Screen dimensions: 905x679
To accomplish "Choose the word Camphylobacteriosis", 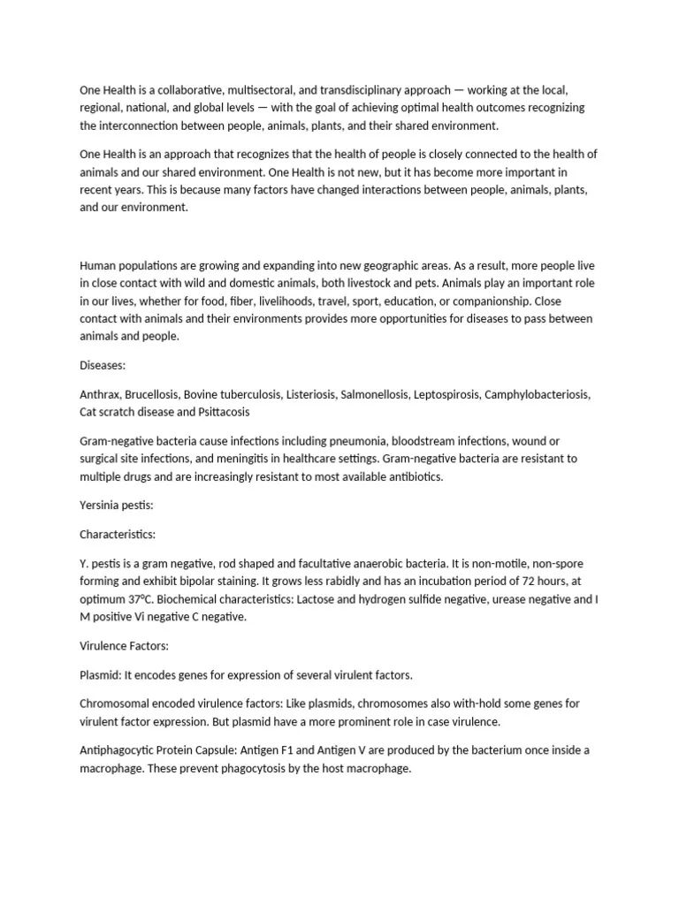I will tap(537, 393).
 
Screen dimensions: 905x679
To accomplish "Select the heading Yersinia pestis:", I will tap(117, 506).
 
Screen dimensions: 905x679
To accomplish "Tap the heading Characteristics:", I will tap(118, 535).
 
